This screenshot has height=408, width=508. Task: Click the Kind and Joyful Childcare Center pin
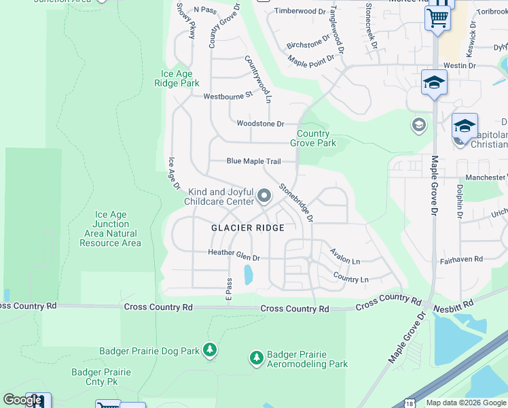point(265,197)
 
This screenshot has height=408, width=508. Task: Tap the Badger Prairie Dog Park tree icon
point(210,350)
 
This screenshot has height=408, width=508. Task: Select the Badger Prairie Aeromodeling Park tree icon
point(256,357)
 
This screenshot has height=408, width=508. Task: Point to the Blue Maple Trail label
point(253,161)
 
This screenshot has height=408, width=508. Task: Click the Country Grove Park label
point(313,139)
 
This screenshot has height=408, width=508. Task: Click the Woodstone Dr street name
point(260,124)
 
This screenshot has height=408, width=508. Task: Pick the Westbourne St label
point(228,96)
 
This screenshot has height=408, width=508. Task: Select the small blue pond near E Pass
point(248,274)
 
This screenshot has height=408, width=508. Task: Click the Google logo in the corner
point(22,400)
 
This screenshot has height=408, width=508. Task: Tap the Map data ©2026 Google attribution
point(465,403)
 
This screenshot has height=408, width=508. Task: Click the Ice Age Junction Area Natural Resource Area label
point(111,228)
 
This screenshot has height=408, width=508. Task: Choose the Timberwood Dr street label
point(300,12)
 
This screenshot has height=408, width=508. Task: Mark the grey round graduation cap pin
point(418,125)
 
